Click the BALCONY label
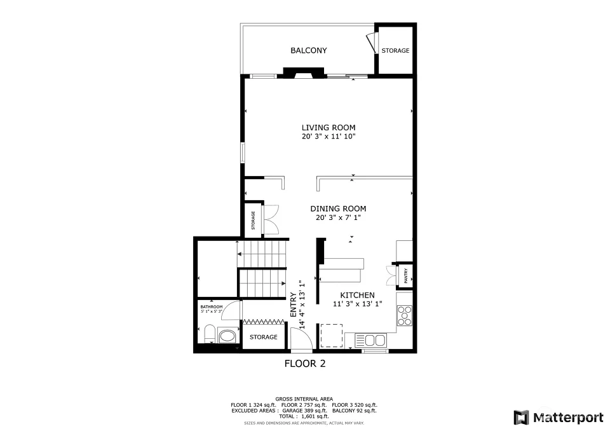click(309, 50)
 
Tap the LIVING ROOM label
click(329, 127)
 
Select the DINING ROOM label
click(338, 209)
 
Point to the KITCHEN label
click(358, 295)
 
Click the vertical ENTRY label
click(294, 304)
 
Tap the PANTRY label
click(406, 276)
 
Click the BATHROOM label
click(212, 307)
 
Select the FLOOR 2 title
click(305, 364)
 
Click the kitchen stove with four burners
click(405, 315)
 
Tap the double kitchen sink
click(375, 340)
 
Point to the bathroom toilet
click(210, 334)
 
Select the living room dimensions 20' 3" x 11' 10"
click(329, 137)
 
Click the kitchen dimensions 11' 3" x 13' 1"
click(358, 304)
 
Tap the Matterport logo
click(559, 418)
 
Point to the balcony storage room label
click(395, 51)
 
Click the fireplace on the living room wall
click(304, 73)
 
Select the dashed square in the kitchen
click(332, 336)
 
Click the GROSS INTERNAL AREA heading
click(304, 399)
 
